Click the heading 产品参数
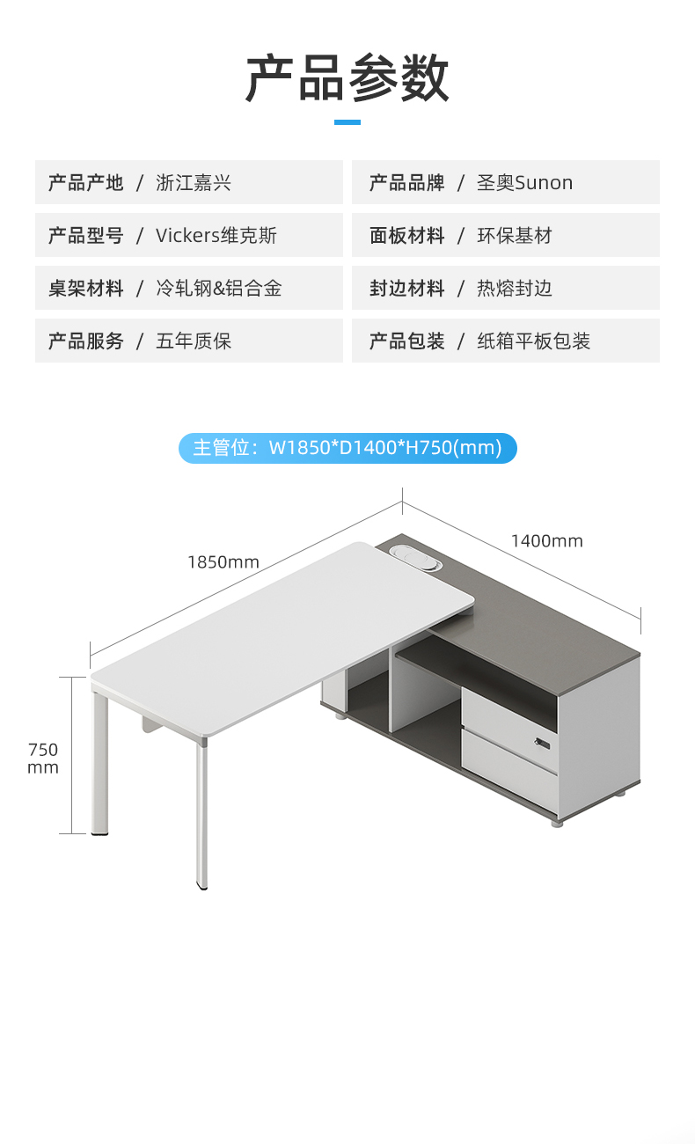click(347, 77)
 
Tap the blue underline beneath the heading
click(347, 122)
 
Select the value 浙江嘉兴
click(194, 183)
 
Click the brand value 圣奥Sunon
click(524, 183)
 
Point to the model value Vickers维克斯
click(216, 236)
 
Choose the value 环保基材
click(515, 236)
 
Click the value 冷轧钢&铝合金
click(219, 289)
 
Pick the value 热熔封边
click(515, 289)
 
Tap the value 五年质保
click(194, 341)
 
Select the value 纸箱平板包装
click(534, 341)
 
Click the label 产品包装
click(406, 341)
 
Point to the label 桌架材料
click(85, 289)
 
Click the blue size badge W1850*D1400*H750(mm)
click(347, 448)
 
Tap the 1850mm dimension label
click(223, 561)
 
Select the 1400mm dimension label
click(547, 541)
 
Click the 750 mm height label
click(43, 758)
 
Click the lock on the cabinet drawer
click(540, 744)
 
